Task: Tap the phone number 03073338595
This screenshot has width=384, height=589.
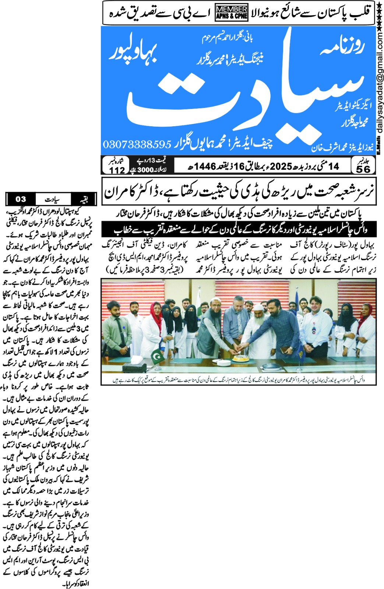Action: pyautogui.click(x=137, y=144)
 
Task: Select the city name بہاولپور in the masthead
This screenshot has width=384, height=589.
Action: pyautogui.click(x=134, y=53)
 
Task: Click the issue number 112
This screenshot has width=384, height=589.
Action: pyautogui.click(x=117, y=170)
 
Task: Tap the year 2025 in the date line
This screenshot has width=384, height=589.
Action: pyautogui.click(x=281, y=166)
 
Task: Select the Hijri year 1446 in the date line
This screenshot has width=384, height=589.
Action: pyautogui.click(x=205, y=166)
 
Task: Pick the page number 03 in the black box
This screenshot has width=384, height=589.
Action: pyautogui.click(x=21, y=199)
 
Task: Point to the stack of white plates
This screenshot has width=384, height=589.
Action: pyautogui.click(x=223, y=363)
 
